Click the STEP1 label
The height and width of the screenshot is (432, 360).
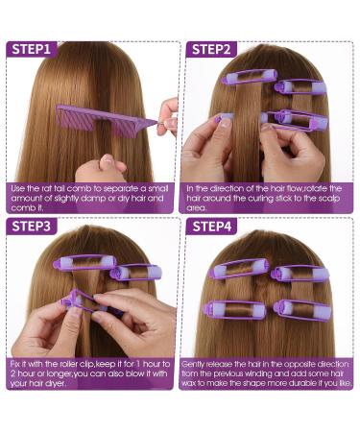click(x=32, y=49)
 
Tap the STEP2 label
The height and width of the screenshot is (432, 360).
click(x=211, y=49)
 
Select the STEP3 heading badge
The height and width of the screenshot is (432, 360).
click(x=32, y=227)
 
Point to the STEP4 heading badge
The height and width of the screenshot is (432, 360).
click(x=211, y=227)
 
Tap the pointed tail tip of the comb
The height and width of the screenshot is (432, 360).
click(x=157, y=122)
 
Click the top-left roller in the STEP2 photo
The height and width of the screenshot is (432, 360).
click(x=250, y=77)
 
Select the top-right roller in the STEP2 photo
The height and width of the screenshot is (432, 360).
click(x=300, y=86)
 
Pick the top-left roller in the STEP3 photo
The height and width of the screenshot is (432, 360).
click(x=84, y=262)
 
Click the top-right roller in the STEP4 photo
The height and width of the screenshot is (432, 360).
click(x=300, y=274)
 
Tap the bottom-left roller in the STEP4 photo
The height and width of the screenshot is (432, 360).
click(x=234, y=310)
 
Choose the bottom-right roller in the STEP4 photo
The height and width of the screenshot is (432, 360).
click(x=302, y=310)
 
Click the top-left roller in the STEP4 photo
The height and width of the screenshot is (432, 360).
click(x=239, y=268)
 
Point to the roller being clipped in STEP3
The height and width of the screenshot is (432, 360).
click(x=84, y=302)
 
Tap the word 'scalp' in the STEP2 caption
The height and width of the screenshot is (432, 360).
click(x=328, y=199)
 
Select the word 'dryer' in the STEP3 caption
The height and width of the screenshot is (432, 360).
click(x=56, y=383)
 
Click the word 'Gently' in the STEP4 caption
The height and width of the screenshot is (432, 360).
click(x=193, y=365)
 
